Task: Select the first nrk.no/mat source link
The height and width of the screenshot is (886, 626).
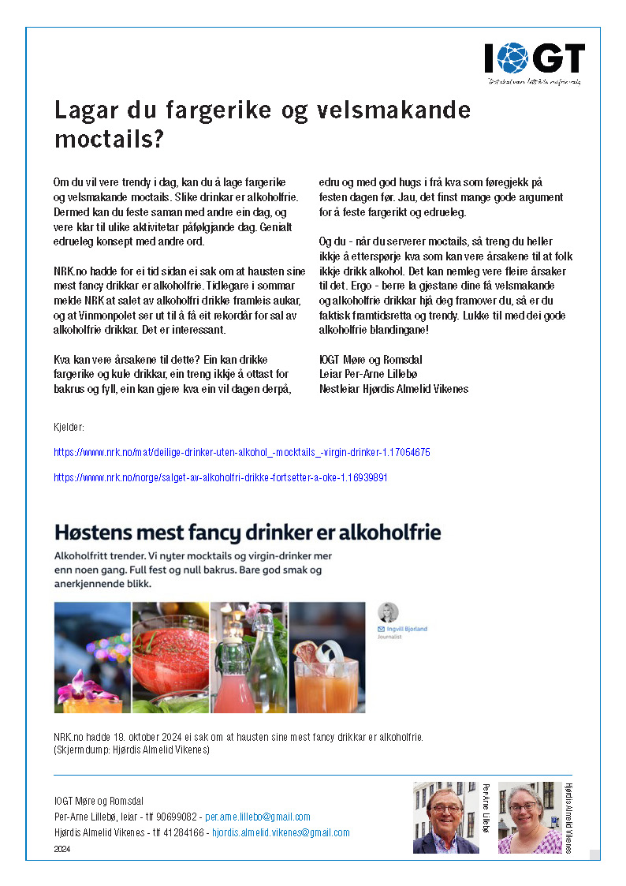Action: click(x=241, y=453)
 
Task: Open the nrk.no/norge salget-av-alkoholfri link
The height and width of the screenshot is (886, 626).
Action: click(x=220, y=478)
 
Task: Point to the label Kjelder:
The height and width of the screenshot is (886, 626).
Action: click(x=69, y=428)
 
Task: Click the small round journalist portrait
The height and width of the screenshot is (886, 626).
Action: click(x=389, y=612)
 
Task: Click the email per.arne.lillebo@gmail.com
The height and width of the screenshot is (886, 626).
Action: click(x=257, y=817)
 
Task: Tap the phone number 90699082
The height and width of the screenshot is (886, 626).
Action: click(x=179, y=817)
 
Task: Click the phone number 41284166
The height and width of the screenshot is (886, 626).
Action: click(x=183, y=832)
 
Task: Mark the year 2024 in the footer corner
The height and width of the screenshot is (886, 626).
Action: click(x=62, y=849)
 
